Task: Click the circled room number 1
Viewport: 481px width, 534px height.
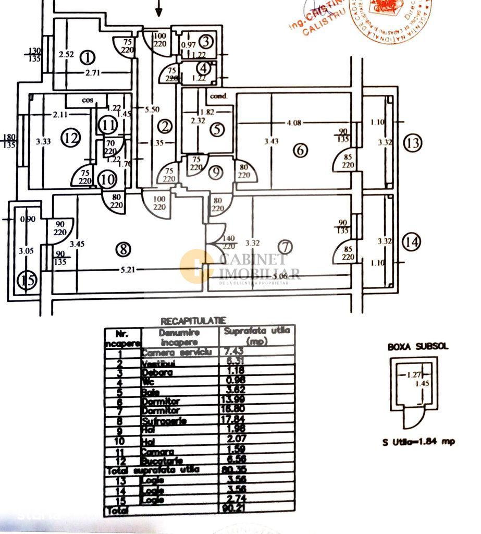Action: (89, 56)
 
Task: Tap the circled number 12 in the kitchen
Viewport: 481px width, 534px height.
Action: (71, 138)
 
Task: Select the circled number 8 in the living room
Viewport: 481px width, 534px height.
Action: (124, 249)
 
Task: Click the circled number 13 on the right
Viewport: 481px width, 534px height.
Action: (413, 142)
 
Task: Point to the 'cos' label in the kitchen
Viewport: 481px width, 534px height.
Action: (87, 99)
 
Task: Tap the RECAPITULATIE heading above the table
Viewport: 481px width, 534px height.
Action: (193, 321)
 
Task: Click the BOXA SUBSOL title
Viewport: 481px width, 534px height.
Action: (417, 346)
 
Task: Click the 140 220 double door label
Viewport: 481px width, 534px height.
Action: (228, 241)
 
